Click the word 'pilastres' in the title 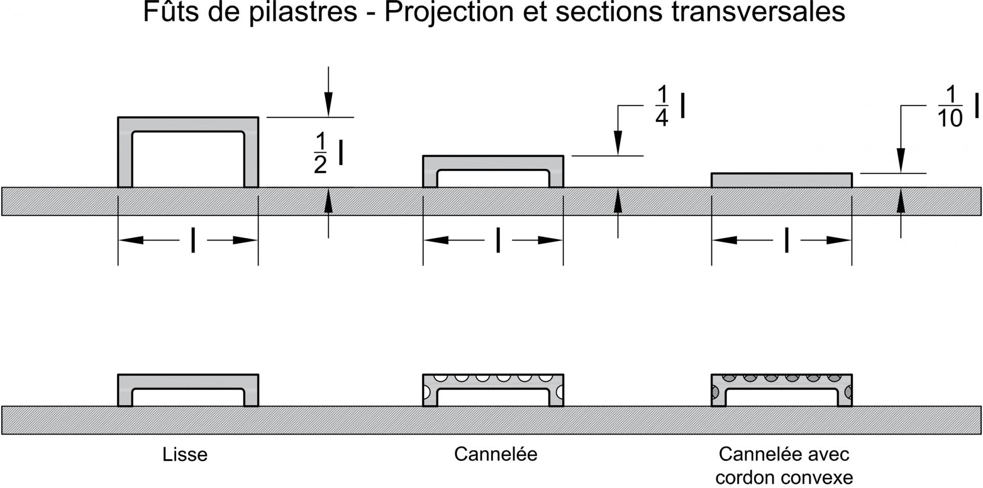pos(303,12)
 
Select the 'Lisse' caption pos(185,455)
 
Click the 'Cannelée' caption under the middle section pos(496,454)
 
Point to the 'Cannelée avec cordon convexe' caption pos(784,465)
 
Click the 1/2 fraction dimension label pos(329,153)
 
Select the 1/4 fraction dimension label pos(670,107)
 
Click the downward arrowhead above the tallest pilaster pos(329,104)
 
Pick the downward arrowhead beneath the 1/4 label pos(618,143)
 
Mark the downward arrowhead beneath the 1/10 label pos(901,161)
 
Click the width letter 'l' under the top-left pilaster pos(193,240)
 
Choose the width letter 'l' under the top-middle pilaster pos(498,240)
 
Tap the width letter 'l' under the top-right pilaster pos(786,240)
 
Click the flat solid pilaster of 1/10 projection pos(782,180)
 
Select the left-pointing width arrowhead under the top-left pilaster pos(131,240)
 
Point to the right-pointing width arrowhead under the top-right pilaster pos(839,240)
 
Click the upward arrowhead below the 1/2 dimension pos(329,200)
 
